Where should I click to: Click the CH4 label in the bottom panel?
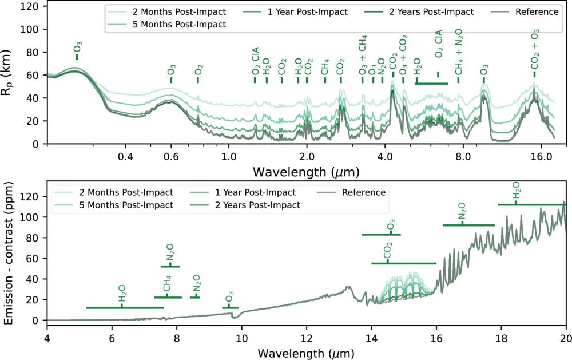(x=167, y=284)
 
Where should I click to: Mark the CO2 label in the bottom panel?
(x=387, y=251)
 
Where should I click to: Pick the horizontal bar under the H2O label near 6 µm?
(x=125, y=308)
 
